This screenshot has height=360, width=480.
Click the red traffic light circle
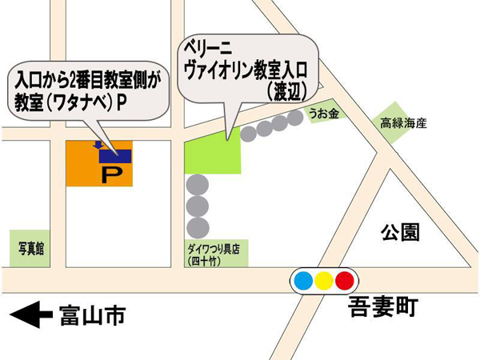click(x=345, y=280)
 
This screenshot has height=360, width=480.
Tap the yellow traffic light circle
click(x=324, y=280)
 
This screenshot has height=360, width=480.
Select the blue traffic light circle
click(x=303, y=280)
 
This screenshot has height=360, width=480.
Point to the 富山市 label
click(x=93, y=315)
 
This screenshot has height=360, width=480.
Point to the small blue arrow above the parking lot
click(x=98, y=144)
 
